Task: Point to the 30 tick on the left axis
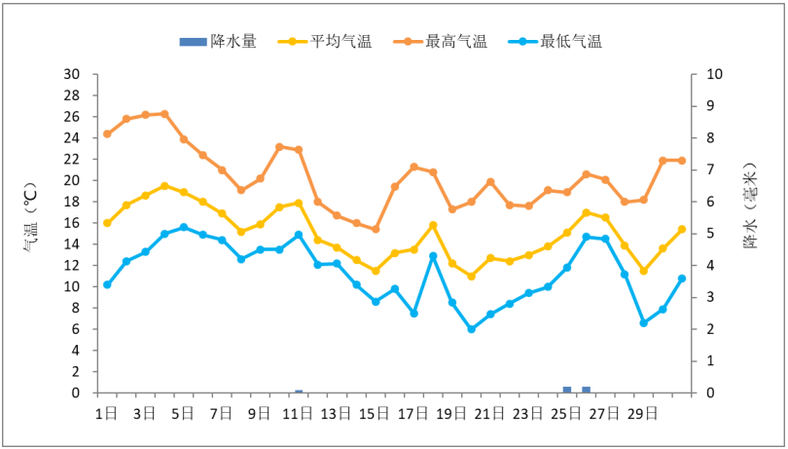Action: tap(72, 74)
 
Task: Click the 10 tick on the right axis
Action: tap(716, 74)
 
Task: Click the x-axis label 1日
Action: tap(107, 413)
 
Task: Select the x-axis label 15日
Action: tap(375, 413)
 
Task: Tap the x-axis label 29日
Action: tap(643, 413)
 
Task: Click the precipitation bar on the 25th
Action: tap(567, 390)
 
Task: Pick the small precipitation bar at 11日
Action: tap(299, 392)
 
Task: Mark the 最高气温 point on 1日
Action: tap(107, 133)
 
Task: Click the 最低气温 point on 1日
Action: tap(107, 284)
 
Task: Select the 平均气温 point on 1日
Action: tap(107, 223)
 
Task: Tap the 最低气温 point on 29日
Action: tap(643, 322)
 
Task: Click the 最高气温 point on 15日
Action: tap(375, 229)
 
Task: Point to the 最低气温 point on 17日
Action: tap(413, 314)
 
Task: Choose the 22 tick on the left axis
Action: tap(72, 159)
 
